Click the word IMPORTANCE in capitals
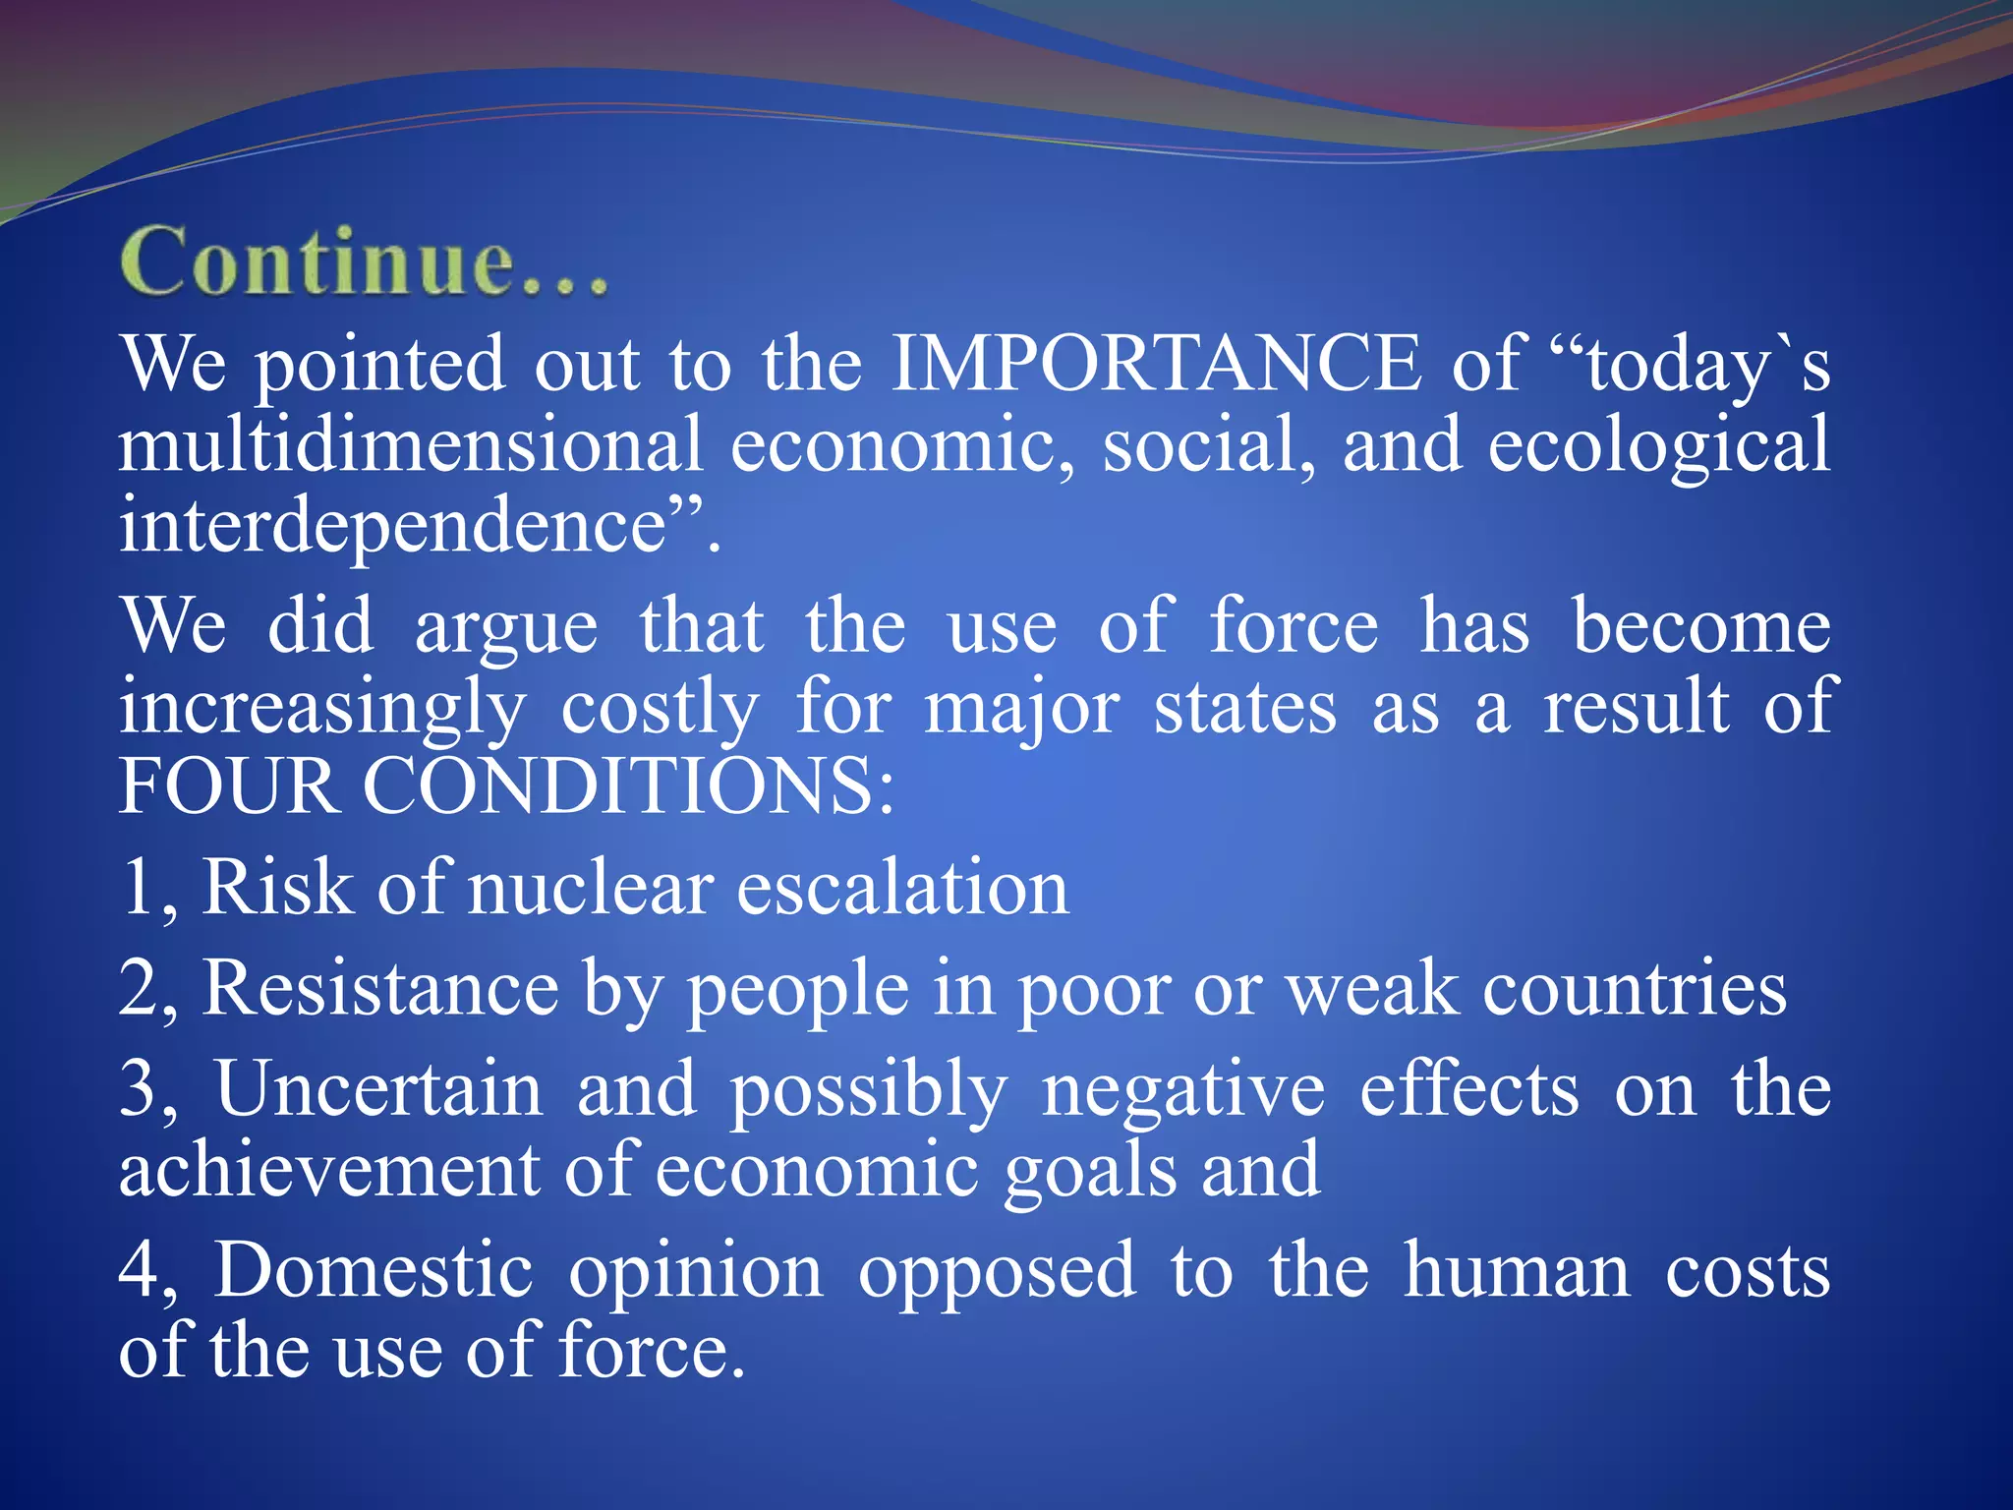pos(1156,364)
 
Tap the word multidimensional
pos(411,444)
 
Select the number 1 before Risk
pos(138,889)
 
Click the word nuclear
pos(591,889)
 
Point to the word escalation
pos(901,889)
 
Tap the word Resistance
pos(380,989)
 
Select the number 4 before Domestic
pos(139,1271)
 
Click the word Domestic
pos(374,1271)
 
